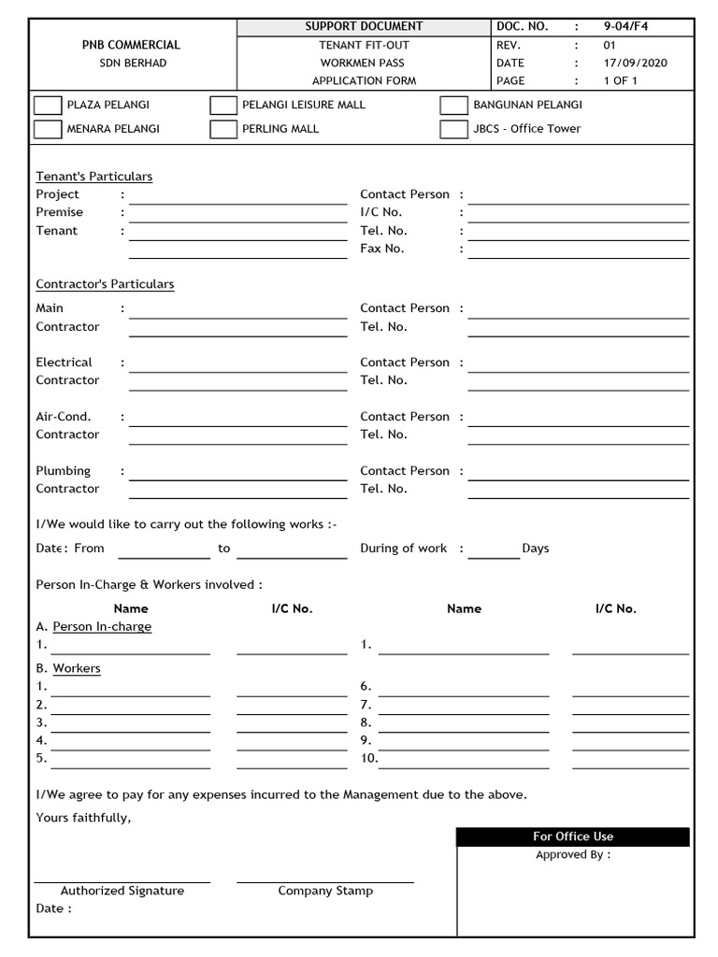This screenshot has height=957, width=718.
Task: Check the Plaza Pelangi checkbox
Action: pos(48,105)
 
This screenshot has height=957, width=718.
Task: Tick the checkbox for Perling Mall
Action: pos(223,129)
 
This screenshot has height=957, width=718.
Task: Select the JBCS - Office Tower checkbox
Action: pos(453,129)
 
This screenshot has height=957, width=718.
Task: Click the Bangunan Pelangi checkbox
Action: pos(453,105)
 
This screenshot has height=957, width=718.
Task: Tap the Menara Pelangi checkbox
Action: pos(48,129)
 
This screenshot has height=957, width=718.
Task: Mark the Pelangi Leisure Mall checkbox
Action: pos(223,105)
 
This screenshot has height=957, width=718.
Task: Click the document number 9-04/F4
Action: pos(625,26)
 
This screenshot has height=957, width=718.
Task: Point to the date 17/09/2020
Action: pos(638,63)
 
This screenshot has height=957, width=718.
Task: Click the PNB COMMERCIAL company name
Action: pos(132,45)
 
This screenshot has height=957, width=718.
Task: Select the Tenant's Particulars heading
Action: pos(93,177)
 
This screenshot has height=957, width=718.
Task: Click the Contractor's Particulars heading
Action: pos(105,284)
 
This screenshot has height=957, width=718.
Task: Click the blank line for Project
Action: pos(237,197)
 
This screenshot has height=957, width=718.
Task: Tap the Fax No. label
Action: pos(382,249)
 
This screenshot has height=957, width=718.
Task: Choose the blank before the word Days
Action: pos(494,551)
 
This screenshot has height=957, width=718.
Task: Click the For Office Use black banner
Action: pos(573,836)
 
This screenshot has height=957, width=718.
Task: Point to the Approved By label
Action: pos(573,855)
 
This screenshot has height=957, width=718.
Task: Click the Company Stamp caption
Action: pos(325,892)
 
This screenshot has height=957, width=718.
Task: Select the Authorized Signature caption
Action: pos(122,892)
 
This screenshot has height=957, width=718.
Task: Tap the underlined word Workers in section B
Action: pos(77,669)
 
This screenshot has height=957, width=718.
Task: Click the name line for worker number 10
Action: pos(464,761)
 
